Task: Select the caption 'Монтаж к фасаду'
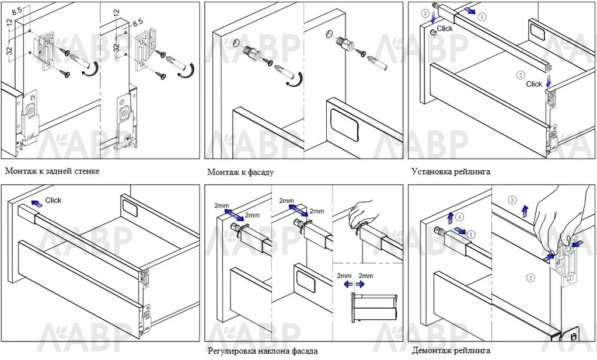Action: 240,172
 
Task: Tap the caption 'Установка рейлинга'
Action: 451,172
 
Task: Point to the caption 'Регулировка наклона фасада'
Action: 263,351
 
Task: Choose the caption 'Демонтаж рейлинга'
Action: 451,351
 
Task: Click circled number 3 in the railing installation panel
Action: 426,13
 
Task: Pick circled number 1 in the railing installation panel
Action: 481,18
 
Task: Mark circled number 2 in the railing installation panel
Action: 521,75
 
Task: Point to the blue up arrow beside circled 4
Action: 450,218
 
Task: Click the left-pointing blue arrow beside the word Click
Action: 36,204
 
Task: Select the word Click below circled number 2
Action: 534,84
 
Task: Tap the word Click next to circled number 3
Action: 445,28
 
